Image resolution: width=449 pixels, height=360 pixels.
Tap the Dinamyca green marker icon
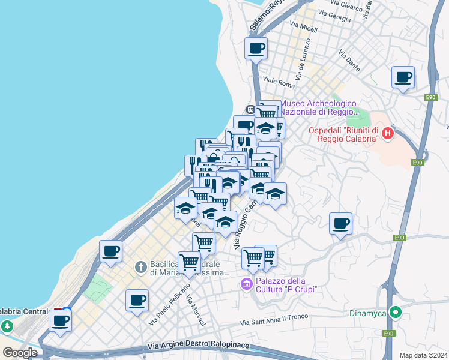click(x=395, y=313)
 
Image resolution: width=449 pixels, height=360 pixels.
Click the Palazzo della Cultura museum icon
click(x=246, y=284)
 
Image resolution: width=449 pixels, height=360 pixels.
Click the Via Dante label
click(x=349, y=61)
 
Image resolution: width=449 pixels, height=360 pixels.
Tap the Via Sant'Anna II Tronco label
click(x=274, y=320)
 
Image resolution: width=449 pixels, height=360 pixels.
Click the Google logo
click(x=20, y=353)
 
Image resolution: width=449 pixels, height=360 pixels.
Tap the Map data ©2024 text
click(x=423, y=355)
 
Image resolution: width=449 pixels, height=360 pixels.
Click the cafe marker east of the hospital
click(x=403, y=77)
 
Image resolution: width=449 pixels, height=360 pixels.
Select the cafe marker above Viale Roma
click(x=256, y=48)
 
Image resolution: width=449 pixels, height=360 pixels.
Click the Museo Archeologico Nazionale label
click(x=319, y=108)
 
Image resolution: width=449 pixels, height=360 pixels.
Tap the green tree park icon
click(x=7, y=327)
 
